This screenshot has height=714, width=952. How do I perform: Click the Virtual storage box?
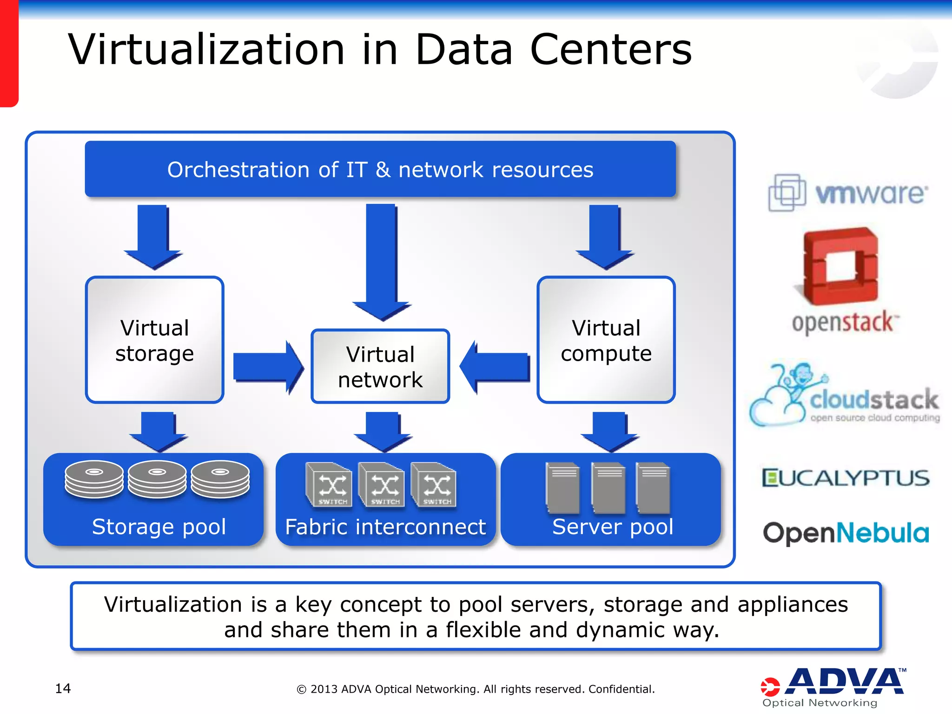155,340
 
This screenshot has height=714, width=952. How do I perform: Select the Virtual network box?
380,366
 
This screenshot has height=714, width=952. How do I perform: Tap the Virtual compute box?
606,340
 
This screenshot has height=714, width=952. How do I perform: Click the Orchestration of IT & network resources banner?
380,169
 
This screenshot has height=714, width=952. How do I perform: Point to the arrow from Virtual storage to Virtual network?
268,367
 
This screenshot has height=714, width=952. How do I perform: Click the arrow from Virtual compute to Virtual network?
495,367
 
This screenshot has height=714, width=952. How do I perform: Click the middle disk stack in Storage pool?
157,479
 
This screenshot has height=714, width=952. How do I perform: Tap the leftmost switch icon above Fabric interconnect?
329,485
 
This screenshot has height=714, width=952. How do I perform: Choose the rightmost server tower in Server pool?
653,488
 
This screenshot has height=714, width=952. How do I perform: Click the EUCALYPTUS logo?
846,478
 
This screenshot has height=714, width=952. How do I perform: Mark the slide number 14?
63,688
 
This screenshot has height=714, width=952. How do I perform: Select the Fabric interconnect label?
385,527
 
